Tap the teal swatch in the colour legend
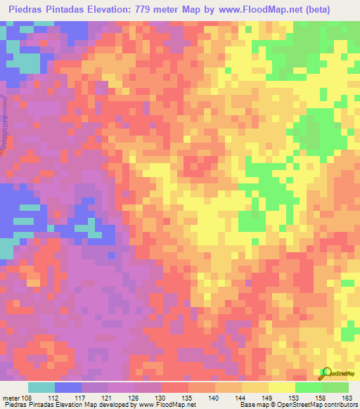point(41,387)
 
